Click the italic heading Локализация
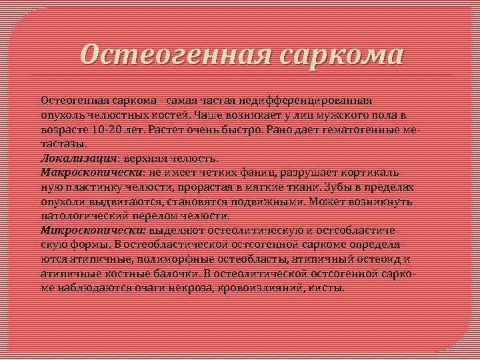(70, 158)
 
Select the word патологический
(88, 216)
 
